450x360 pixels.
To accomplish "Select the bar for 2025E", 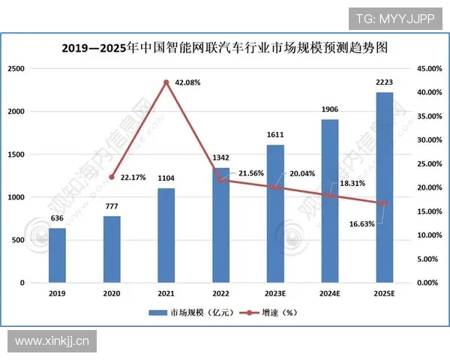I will tap(384, 187).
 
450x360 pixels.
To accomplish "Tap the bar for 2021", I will tap(166, 235).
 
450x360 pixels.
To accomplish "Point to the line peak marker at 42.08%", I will tap(166, 82).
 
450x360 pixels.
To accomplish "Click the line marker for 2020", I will tap(111, 177).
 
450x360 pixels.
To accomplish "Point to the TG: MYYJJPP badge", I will tap(394, 17).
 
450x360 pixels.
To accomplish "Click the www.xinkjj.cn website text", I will tap(52, 341).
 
